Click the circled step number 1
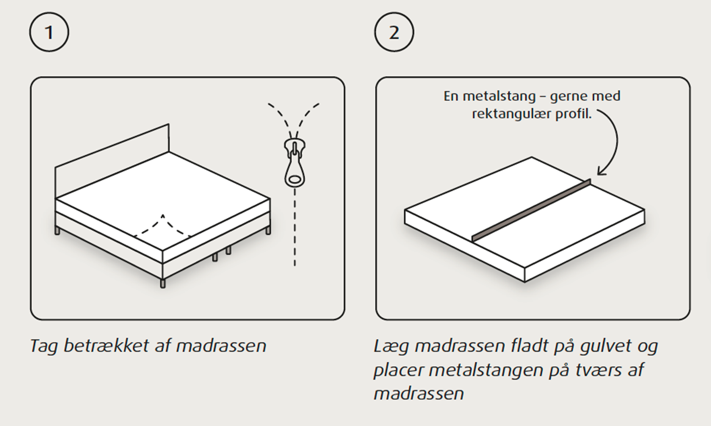[x=49, y=32]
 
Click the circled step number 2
[x=394, y=32]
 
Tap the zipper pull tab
[x=295, y=169]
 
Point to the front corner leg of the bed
[x=163, y=283]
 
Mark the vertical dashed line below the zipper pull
[x=295, y=227]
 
